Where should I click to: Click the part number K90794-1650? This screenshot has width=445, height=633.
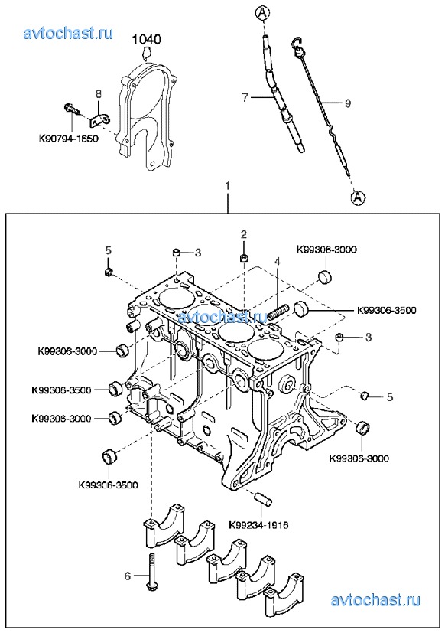(69, 139)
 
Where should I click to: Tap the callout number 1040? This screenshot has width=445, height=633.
(147, 39)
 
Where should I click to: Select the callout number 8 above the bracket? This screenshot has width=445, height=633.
(99, 93)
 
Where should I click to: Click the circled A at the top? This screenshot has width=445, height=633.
(261, 13)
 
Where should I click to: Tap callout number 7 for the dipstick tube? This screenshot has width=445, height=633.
(245, 97)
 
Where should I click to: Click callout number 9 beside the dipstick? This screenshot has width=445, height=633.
(348, 103)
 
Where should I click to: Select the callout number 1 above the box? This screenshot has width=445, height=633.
(228, 186)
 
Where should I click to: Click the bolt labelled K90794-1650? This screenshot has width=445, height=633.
(72, 108)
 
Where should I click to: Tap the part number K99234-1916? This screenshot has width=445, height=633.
(258, 525)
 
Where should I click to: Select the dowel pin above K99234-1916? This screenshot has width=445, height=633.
(264, 498)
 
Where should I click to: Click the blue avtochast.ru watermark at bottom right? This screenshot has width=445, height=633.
(375, 599)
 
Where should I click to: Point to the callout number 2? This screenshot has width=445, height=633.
(243, 234)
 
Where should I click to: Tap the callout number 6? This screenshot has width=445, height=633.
(128, 576)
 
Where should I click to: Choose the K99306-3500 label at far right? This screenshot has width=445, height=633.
(386, 311)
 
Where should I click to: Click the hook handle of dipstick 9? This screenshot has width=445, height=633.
(297, 47)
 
